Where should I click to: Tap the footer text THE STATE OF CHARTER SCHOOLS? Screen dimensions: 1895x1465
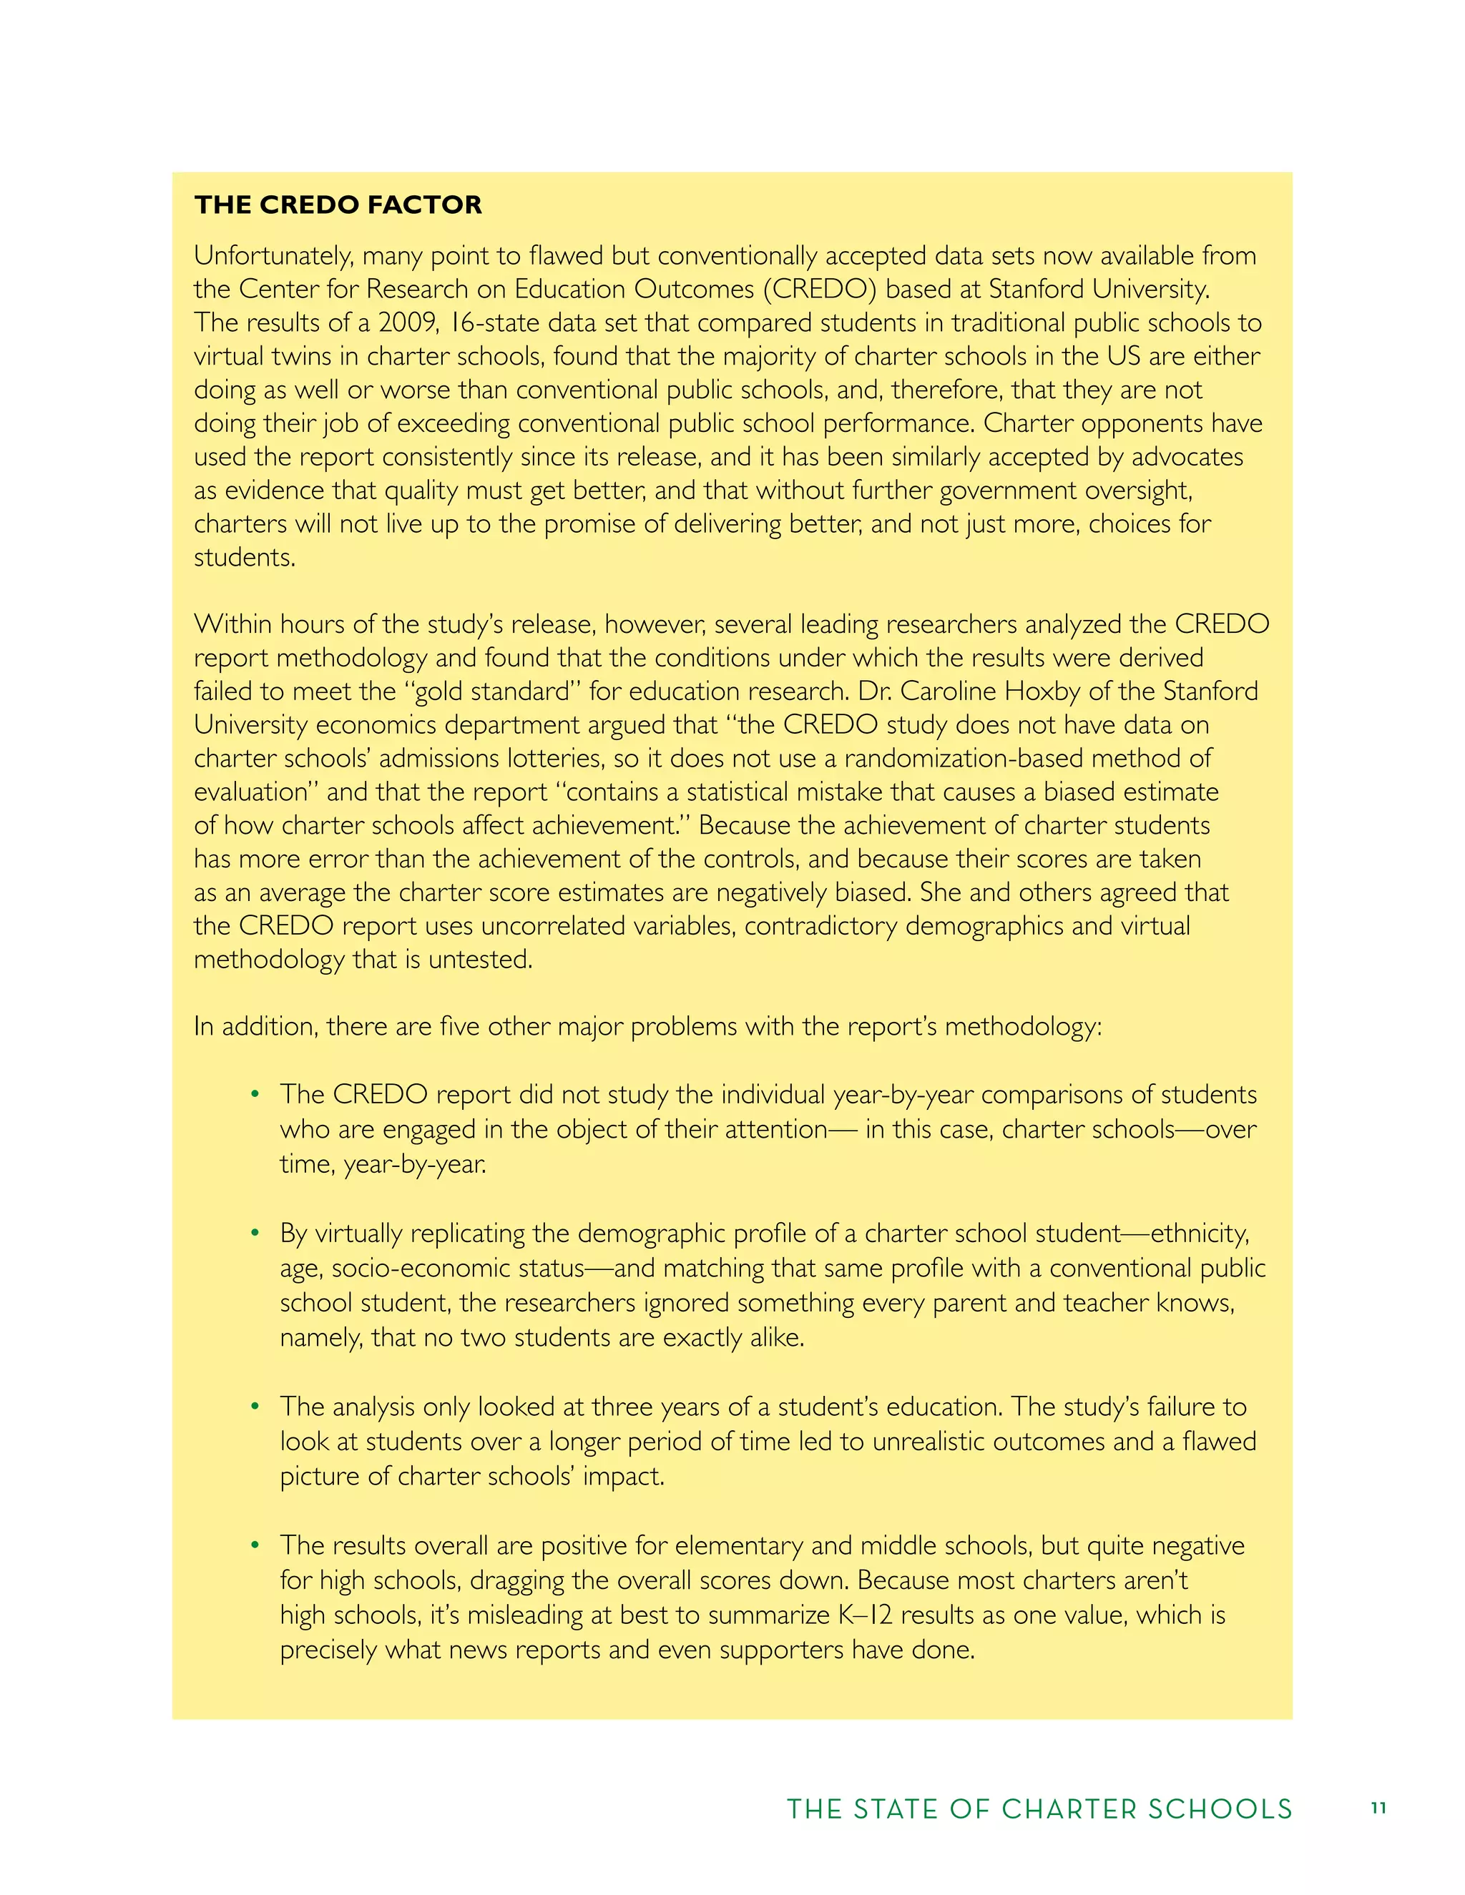coord(1039,1809)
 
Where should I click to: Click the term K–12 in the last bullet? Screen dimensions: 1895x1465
coord(866,1615)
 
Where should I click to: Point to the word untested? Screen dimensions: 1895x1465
coord(492,960)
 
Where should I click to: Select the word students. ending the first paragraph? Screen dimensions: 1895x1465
coord(244,557)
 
